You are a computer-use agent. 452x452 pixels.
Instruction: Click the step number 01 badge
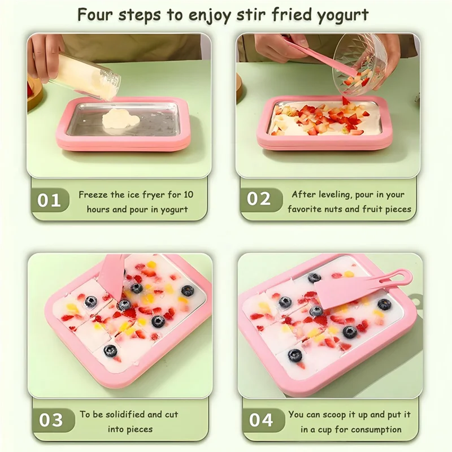(49, 201)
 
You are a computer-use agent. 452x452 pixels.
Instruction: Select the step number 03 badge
(51, 420)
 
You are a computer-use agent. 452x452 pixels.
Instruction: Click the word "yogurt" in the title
(344, 15)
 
